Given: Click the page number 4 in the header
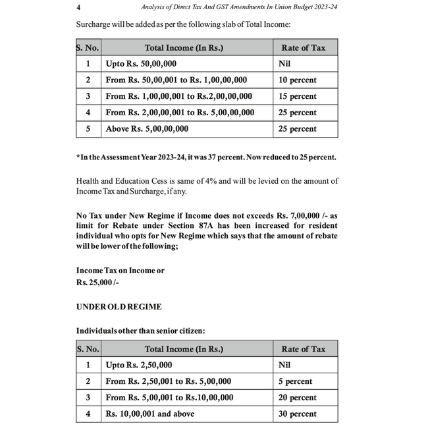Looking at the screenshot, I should click(79, 7).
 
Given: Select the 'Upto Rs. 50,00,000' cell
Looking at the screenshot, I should click(141, 64).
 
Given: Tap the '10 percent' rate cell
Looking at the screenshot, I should click(298, 80).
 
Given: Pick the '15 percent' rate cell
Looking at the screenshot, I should click(298, 96).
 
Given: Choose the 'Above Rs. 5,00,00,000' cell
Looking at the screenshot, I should click(147, 129).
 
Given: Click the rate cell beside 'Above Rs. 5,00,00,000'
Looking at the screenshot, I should click(298, 129).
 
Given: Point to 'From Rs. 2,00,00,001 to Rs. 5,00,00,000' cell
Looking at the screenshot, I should click(180, 113).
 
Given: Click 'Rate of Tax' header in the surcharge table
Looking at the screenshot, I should click(304, 48).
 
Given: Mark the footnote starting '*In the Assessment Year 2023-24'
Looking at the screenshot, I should click(206, 157).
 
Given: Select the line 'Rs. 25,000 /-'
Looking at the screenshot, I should click(98, 282).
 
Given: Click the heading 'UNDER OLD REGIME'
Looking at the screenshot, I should click(119, 307).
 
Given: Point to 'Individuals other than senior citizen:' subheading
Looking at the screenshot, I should click(140, 331).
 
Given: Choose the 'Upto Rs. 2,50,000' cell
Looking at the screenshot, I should click(139, 365).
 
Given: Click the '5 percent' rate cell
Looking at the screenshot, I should click(295, 381).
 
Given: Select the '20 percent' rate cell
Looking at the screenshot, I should click(298, 398).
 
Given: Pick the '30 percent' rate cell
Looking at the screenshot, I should click(298, 414).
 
